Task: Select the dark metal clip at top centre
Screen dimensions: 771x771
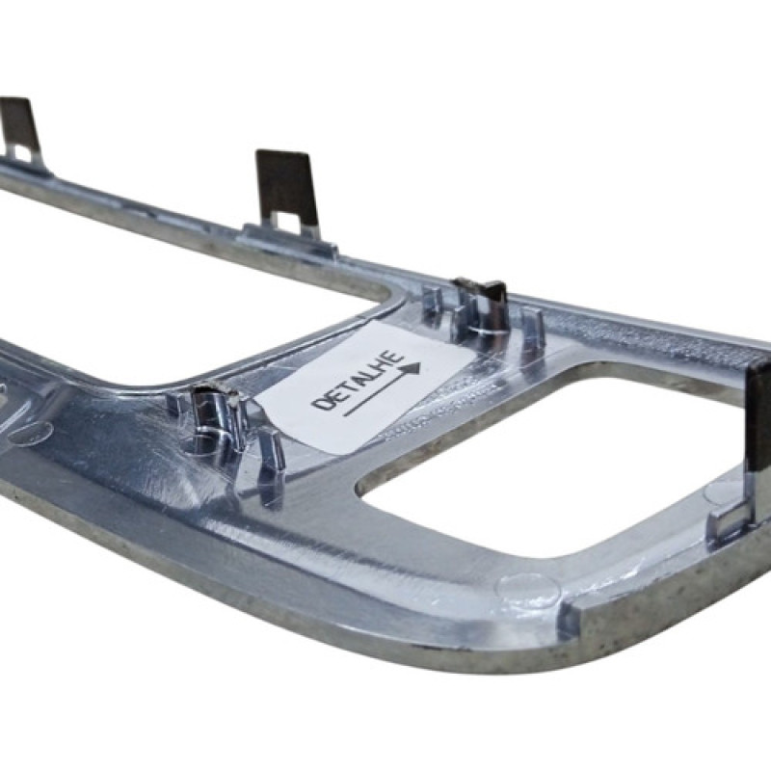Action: [x=287, y=190]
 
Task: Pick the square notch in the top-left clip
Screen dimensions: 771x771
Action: [x=18, y=151]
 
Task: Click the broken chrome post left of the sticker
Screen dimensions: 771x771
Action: [x=214, y=413]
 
